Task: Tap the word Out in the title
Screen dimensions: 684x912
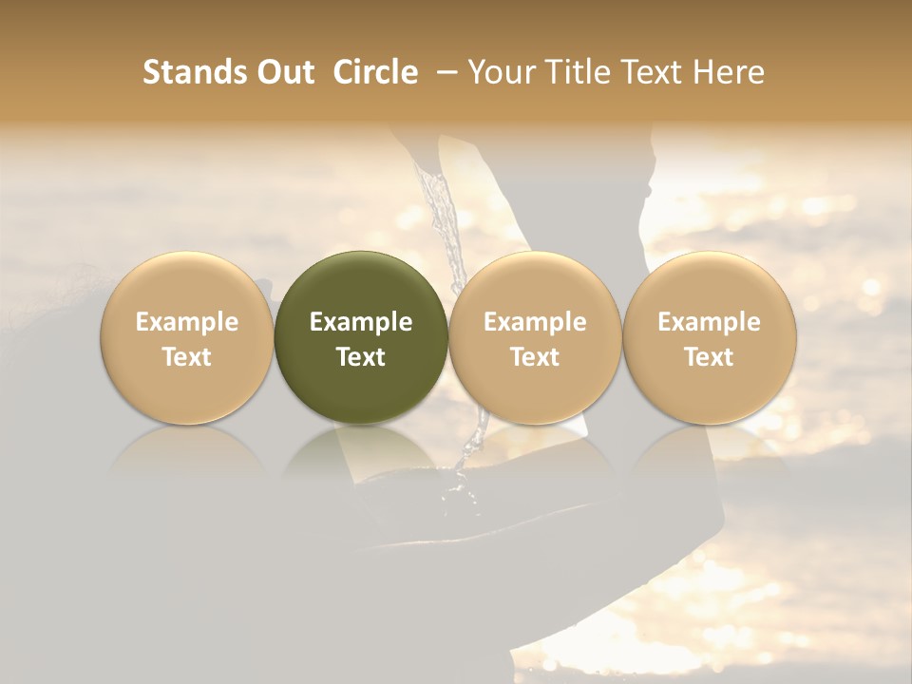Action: click(283, 72)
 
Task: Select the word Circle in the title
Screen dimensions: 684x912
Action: click(376, 72)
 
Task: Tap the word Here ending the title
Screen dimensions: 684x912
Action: click(729, 72)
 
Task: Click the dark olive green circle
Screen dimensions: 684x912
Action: click(361, 338)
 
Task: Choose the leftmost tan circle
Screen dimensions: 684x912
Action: click(187, 338)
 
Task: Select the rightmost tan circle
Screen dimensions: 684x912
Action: click(709, 338)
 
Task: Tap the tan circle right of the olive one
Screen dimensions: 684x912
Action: click(535, 338)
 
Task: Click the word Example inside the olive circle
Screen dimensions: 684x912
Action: click(361, 322)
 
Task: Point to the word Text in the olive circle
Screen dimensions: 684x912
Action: click(361, 357)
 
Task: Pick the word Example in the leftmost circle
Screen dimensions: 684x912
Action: click(187, 322)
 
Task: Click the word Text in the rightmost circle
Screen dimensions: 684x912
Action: click(709, 357)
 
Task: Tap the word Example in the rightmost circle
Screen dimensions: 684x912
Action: click(709, 322)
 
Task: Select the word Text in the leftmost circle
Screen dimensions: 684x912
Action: click(187, 357)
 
